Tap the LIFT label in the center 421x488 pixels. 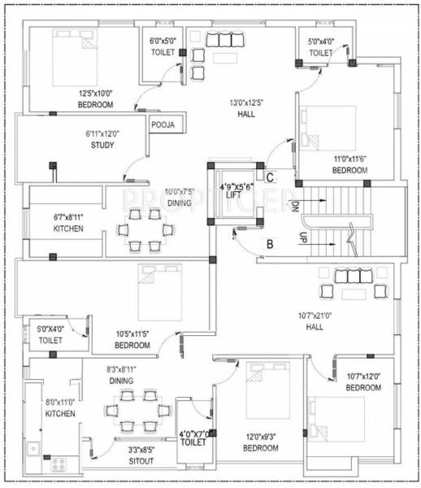[x=234, y=195]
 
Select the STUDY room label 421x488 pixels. [x=102, y=146]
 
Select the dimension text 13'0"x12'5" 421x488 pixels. [x=248, y=102]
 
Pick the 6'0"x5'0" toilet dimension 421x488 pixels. [x=163, y=41]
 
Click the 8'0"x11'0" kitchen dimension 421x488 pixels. [x=60, y=402]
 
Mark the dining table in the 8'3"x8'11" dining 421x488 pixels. [x=136, y=411]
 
